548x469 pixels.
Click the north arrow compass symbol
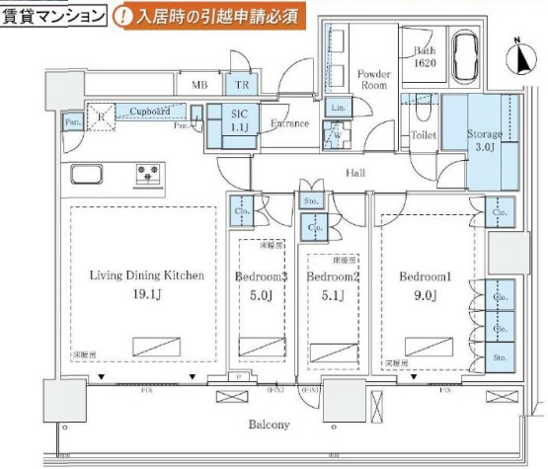pos(516,56)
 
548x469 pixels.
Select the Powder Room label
pos(373,79)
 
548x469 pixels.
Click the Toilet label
pos(423,134)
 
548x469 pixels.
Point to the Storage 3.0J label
pos(485,140)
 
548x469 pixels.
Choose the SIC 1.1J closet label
pos(240,120)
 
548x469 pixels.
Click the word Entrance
pos(289,123)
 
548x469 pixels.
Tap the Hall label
pos(356,173)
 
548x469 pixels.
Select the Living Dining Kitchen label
pos(145,283)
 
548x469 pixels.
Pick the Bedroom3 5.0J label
pos(262,284)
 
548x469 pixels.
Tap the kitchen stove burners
pos(150,176)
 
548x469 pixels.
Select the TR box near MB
pos(241,86)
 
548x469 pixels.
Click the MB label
pos(199,86)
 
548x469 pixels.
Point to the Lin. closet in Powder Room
pos(337,107)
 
